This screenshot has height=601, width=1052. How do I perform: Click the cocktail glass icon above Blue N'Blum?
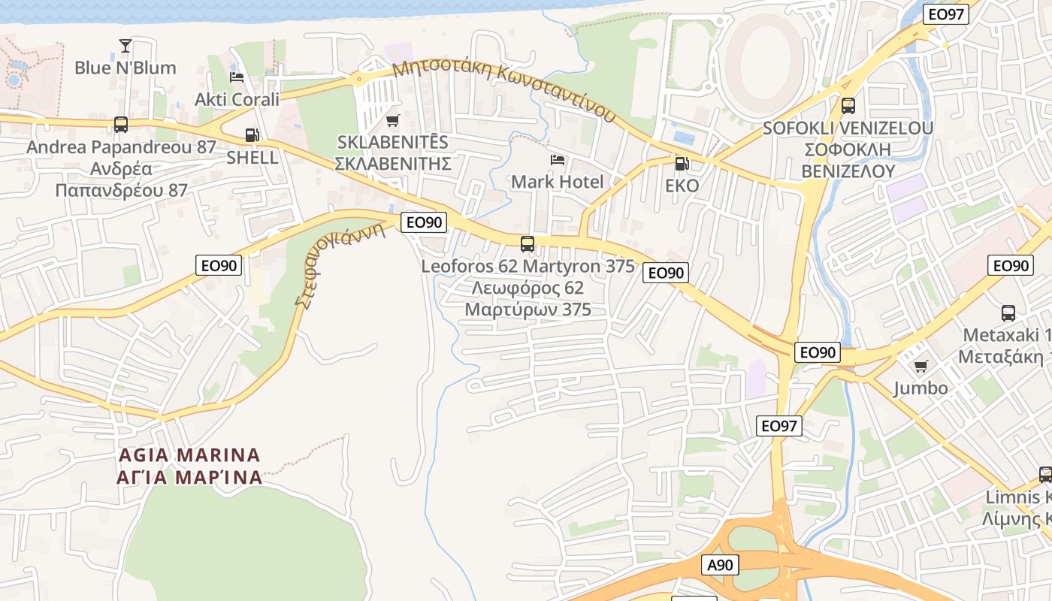click(x=125, y=46)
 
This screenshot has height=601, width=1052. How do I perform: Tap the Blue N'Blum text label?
click(x=125, y=68)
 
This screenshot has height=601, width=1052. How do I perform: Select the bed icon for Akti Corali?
click(x=237, y=77)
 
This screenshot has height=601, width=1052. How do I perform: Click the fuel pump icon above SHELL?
click(x=252, y=136)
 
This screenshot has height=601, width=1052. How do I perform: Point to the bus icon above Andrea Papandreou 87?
click(x=121, y=124)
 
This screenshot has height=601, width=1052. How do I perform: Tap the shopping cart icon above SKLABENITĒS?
click(x=392, y=120)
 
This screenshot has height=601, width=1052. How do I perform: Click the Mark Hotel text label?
click(x=557, y=182)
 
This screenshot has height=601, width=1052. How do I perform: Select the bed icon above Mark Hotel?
click(x=557, y=160)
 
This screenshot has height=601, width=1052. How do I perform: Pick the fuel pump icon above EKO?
click(x=682, y=163)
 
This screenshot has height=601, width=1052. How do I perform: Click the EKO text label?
click(x=682, y=186)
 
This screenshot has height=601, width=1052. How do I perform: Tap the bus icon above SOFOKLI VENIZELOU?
click(x=848, y=106)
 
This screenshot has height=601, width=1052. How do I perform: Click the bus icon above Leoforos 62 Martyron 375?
click(x=528, y=243)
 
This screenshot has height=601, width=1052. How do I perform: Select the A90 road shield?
click(x=722, y=565)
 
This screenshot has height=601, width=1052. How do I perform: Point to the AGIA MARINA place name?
click(x=189, y=466)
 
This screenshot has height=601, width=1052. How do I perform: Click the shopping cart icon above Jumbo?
click(x=920, y=366)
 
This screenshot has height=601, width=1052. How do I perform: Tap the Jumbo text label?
click(x=920, y=388)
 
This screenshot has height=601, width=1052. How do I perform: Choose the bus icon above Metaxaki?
click(x=1008, y=313)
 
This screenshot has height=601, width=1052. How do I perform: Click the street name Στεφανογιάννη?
click(x=339, y=266)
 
